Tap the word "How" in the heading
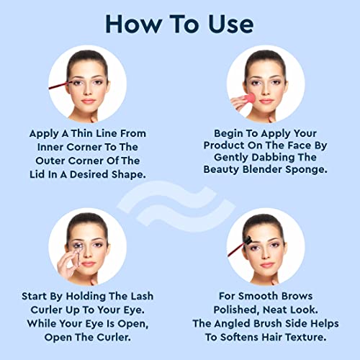[x=134, y=24]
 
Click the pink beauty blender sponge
[x=248, y=99]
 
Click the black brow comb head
[x=247, y=240]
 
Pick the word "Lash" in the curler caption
[x=142, y=296]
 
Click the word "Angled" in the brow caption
[x=232, y=324]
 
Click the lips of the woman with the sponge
[x=266, y=102]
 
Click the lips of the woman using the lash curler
[x=88, y=264]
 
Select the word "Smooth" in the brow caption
[x=256, y=296]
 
